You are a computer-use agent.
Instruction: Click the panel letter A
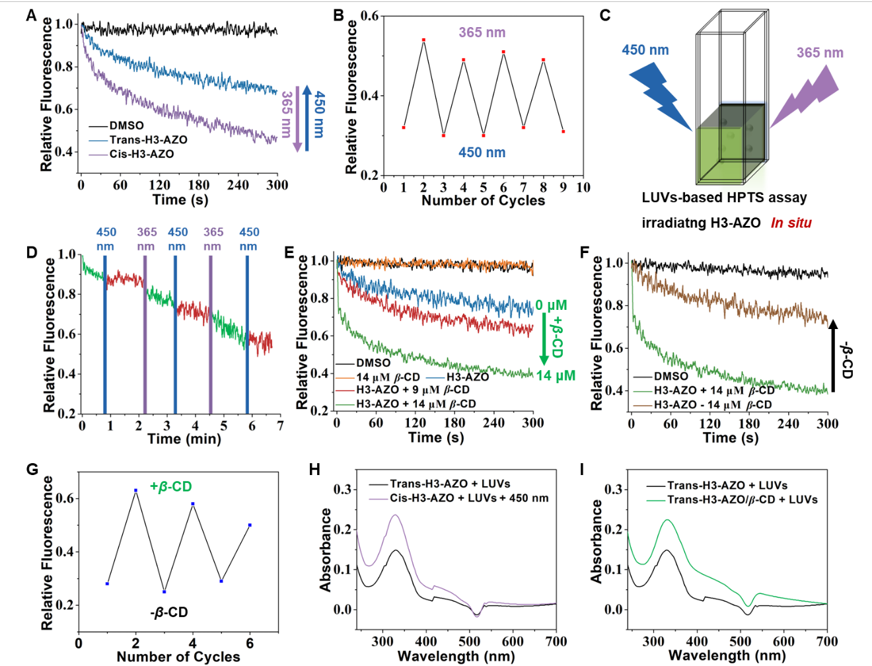(32, 16)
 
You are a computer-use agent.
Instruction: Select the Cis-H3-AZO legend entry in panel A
(131, 154)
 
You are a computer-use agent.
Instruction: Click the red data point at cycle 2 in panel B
(424, 40)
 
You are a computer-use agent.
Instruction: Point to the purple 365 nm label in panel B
(482, 32)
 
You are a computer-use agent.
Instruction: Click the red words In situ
(791, 223)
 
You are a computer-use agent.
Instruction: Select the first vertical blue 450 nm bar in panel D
(105, 334)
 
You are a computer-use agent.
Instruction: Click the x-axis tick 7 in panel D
(281, 426)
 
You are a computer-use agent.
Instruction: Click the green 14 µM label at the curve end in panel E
(556, 375)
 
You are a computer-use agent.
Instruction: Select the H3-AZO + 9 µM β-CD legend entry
(402, 390)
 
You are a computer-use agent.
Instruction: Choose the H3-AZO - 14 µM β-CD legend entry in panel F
(702, 404)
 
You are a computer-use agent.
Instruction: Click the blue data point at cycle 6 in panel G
(250, 525)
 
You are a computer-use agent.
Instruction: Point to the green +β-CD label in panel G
(171, 486)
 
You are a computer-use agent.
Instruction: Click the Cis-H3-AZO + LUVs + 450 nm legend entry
(459, 498)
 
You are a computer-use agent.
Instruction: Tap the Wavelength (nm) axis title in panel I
(727, 655)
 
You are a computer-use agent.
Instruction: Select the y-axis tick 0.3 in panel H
(344, 490)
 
